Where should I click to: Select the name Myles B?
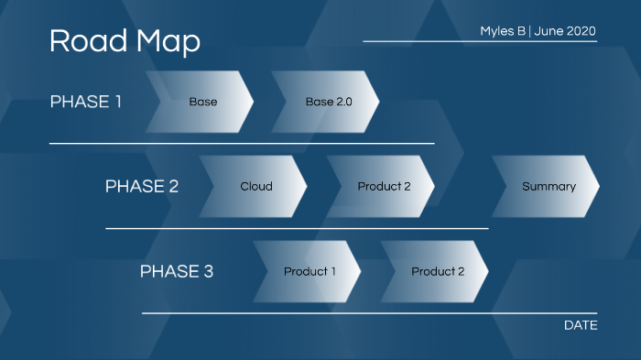(x=503, y=31)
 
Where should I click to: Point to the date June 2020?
(x=565, y=31)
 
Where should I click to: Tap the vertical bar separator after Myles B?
(x=530, y=31)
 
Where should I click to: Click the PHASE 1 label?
(x=85, y=102)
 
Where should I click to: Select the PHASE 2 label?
(x=141, y=187)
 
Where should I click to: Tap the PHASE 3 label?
(x=176, y=271)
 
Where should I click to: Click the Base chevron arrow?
(x=202, y=102)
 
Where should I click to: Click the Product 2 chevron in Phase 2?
(x=384, y=187)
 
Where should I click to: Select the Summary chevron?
(x=549, y=187)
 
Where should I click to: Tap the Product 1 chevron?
(x=310, y=271)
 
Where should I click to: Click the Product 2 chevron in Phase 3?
(x=437, y=271)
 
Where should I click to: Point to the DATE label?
(x=581, y=325)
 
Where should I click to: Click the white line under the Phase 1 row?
(x=242, y=143)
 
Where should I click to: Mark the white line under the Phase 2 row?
(x=297, y=228)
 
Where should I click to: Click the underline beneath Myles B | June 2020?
(x=480, y=41)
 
